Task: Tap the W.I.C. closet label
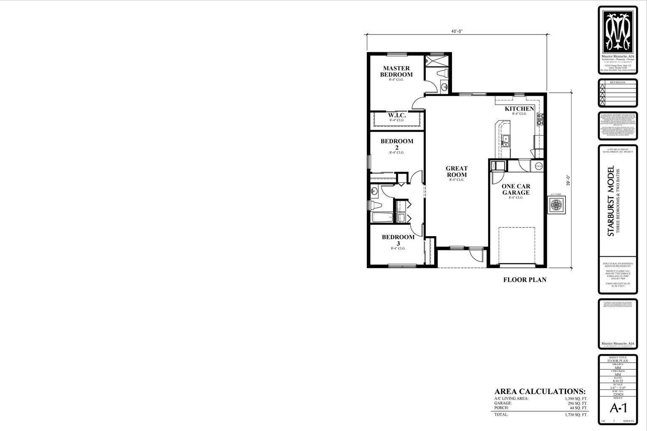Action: [x=396, y=115]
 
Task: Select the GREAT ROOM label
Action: [x=457, y=172]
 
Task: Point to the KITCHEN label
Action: [x=519, y=109]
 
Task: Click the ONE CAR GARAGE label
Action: [x=516, y=189]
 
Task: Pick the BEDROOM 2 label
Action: [x=397, y=144]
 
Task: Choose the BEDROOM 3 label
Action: [x=398, y=240]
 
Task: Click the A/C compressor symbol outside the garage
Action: [x=556, y=205]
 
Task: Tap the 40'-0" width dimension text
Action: [x=457, y=32]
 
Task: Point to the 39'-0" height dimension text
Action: [x=568, y=180]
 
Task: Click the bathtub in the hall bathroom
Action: [x=382, y=218]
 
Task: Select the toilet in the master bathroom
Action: [x=442, y=74]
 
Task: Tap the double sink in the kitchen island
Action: [x=505, y=141]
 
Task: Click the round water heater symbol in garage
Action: [x=538, y=166]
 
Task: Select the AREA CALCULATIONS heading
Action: [x=540, y=391]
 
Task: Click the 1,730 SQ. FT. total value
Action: [x=576, y=415]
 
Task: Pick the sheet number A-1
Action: [x=618, y=408]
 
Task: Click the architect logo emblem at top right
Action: [x=618, y=30]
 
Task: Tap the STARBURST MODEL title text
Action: [x=611, y=201]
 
